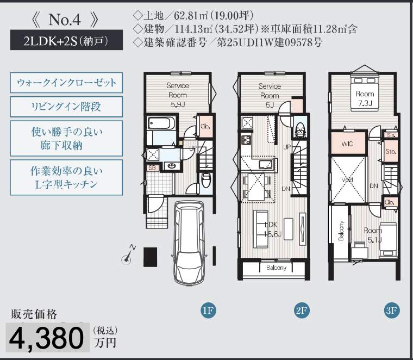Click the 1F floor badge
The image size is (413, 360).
[208, 311]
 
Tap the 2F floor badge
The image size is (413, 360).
[301, 311]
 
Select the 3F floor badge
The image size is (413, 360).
[392, 311]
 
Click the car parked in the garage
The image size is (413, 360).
[189, 243]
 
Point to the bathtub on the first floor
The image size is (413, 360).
[161, 123]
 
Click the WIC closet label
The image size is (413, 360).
[347, 144]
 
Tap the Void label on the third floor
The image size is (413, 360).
[347, 180]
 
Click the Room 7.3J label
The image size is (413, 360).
[365, 98]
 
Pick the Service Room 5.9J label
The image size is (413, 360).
[178, 95]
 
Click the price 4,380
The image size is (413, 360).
[47, 338]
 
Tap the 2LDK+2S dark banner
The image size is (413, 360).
[66, 40]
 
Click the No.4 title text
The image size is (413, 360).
[65, 20]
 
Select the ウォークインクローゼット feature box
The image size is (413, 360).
[66, 83]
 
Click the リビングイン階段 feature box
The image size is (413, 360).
[66, 107]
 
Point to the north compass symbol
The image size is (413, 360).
[128, 255]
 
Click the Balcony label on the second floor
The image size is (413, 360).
[276, 268]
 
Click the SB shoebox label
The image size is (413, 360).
[152, 168]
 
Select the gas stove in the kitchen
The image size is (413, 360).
[246, 140]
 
